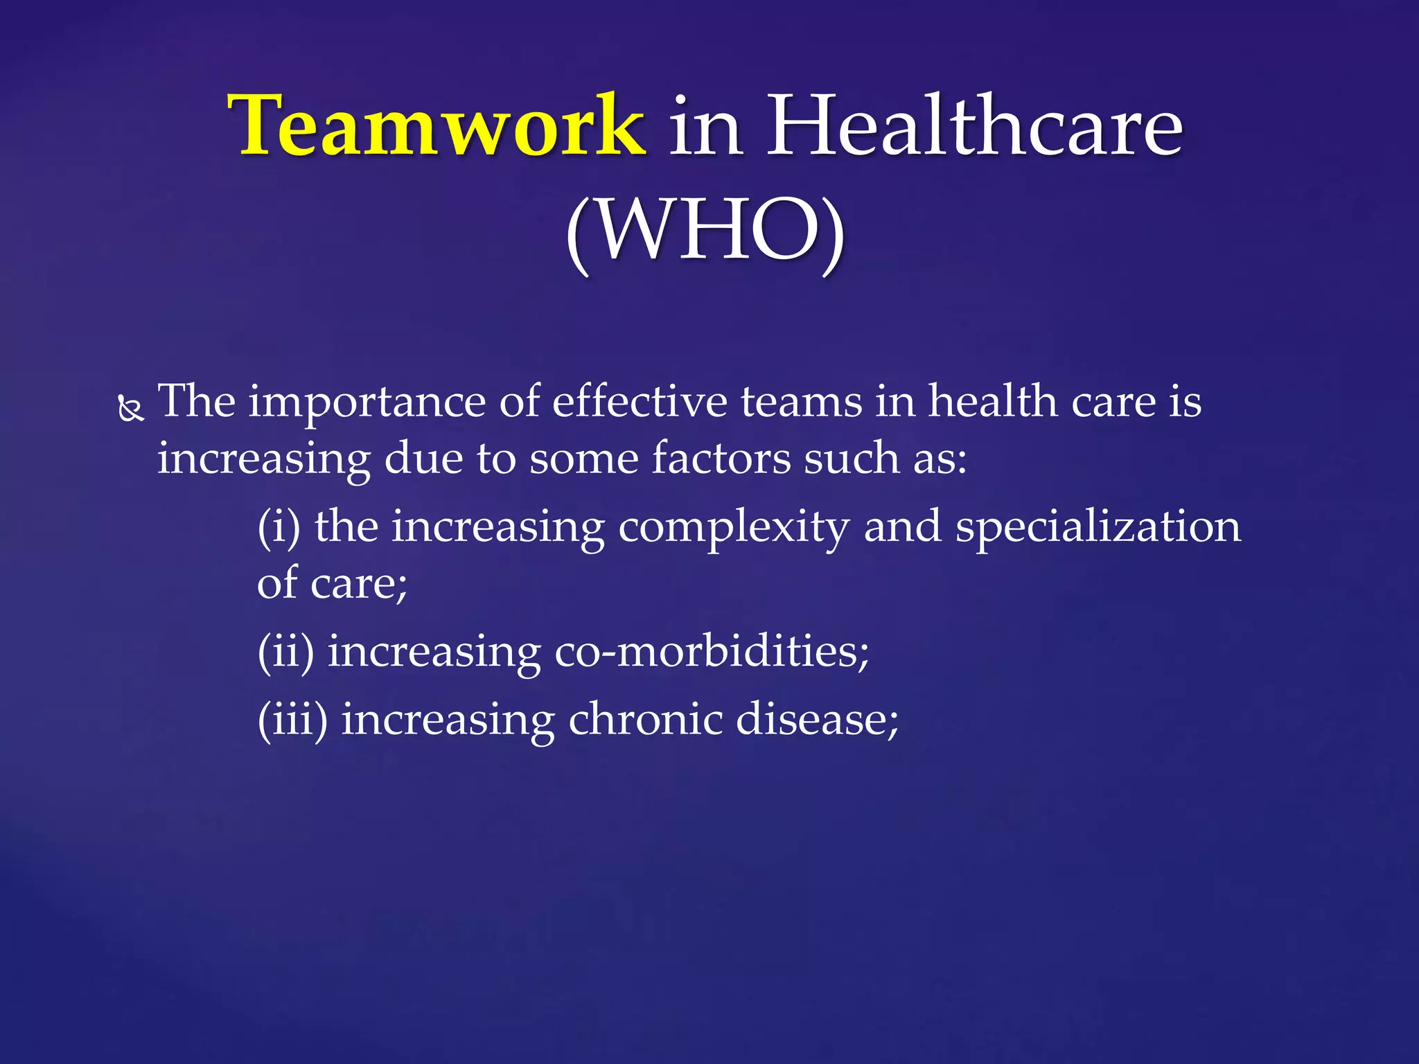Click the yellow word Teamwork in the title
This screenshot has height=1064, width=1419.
point(438,126)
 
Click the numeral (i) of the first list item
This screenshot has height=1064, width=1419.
point(279,526)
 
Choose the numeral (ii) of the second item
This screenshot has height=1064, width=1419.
point(285,652)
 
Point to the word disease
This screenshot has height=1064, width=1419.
point(817,720)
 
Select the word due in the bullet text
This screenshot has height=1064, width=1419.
point(423,459)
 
